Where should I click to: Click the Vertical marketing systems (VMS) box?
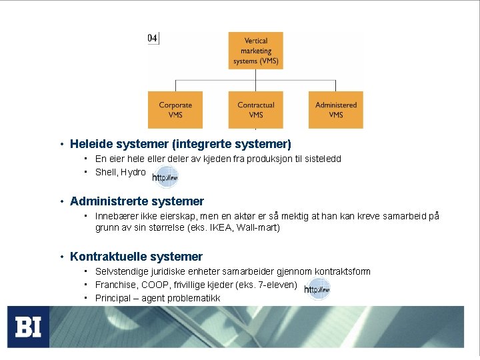pos(256,51)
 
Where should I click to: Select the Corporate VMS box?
pos(175,110)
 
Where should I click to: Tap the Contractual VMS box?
pos(256,110)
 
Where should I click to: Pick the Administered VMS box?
pos(336,110)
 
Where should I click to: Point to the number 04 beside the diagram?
pos(153,38)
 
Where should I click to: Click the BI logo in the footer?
pos(28,327)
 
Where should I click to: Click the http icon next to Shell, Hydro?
pos(165,177)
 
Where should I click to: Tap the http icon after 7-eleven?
pos(317,289)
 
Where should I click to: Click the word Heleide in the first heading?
pos(91,143)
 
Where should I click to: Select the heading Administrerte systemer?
pos(137,201)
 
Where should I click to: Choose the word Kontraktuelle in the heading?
pos(109,257)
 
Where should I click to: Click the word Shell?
pos(106,172)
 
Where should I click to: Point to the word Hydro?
pos(133,172)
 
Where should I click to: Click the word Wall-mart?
pos(257,227)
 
